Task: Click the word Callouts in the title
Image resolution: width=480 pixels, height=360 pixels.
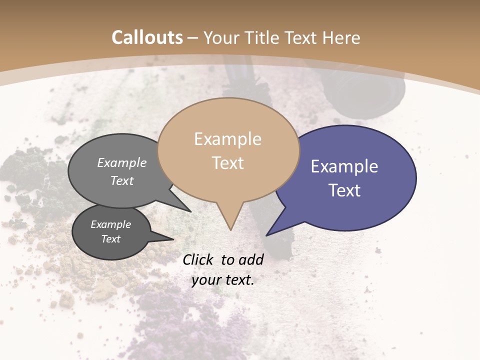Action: coord(147,37)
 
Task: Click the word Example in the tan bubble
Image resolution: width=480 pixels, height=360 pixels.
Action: coord(227,139)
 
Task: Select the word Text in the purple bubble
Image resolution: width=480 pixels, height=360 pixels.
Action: coord(344,190)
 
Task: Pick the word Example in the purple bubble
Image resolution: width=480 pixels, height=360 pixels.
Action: coord(344,166)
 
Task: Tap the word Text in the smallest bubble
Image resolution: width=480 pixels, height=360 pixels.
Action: coord(111,239)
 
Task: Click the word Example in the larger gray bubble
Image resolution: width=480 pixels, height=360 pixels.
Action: coord(122,163)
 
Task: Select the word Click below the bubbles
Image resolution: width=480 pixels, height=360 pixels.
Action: coord(197,259)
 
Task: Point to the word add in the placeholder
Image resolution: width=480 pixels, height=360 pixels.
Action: coord(251,259)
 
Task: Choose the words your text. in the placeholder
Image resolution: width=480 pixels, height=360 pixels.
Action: coord(223,280)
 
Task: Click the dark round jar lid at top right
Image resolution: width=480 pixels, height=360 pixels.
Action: coord(365,90)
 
